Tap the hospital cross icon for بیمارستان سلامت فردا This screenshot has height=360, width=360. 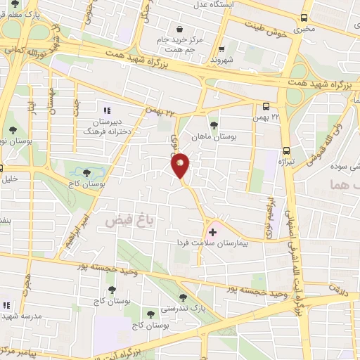(x=213, y=231)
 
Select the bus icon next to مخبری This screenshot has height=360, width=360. (x=304, y=18)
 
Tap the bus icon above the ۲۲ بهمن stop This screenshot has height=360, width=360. (x=266, y=107)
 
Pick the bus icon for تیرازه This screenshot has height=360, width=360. (x=286, y=150)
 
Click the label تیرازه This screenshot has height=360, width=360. (x=286, y=161)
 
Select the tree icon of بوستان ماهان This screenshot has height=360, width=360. (x=214, y=124)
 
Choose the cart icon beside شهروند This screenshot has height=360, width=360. (x=222, y=49)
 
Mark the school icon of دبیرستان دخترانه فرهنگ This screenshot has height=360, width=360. (x=108, y=110)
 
